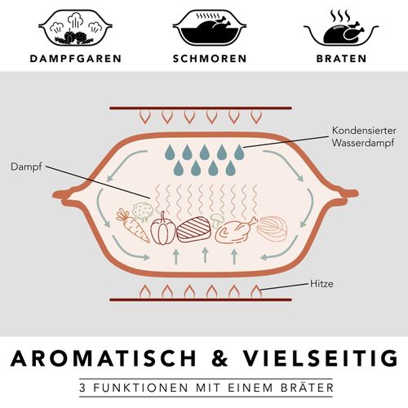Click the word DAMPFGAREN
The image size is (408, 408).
pyautogui.click(x=76, y=59)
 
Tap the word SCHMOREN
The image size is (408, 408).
pyautogui.click(x=210, y=59)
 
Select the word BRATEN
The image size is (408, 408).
pyautogui.click(x=341, y=59)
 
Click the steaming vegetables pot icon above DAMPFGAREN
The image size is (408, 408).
pyautogui.click(x=75, y=28)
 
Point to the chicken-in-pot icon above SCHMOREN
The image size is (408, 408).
pyautogui.click(x=210, y=28)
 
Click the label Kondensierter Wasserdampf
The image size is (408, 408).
pyautogui.click(x=364, y=136)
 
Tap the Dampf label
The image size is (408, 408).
pyautogui.click(x=26, y=166)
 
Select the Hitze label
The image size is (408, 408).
pyautogui.click(x=322, y=284)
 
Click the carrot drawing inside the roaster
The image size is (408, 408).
pyautogui.click(x=132, y=225)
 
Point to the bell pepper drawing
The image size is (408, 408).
pyautogui.click(x=163, y=228)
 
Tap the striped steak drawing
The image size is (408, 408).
pyautogui.click(x=194, y=228)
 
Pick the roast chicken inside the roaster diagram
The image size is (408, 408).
pyautogui.click(x=235, y=231)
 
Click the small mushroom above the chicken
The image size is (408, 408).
pyautogui.click(x=217, y=220)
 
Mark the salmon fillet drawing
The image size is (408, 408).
pyautogui.click(x=272, y=228)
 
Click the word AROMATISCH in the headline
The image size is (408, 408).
pyautogui.click(x=104, y=358)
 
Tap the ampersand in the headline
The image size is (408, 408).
pyautogui.click(x=220, y=358)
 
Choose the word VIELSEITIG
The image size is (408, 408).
pyautogui.click(x=320, y=358)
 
